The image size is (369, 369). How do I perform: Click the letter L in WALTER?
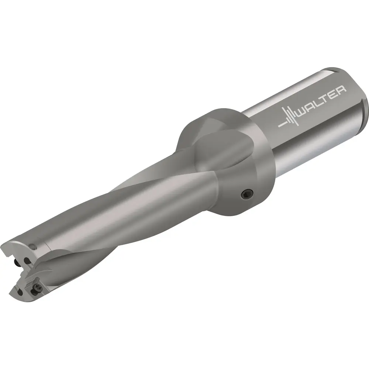[x=319, y=102]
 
